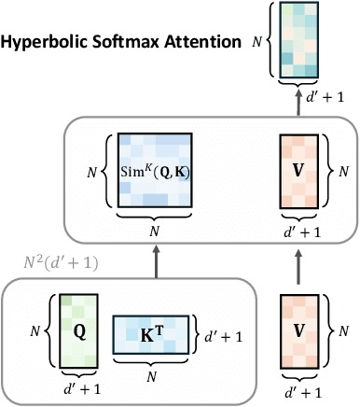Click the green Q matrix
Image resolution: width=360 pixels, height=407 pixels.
tap(79, 332)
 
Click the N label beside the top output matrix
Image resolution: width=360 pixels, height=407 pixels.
tap(261, 40)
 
